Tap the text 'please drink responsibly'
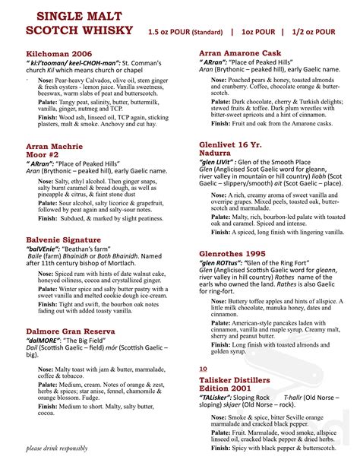(57, 448)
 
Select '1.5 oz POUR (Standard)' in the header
(185, 32)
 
